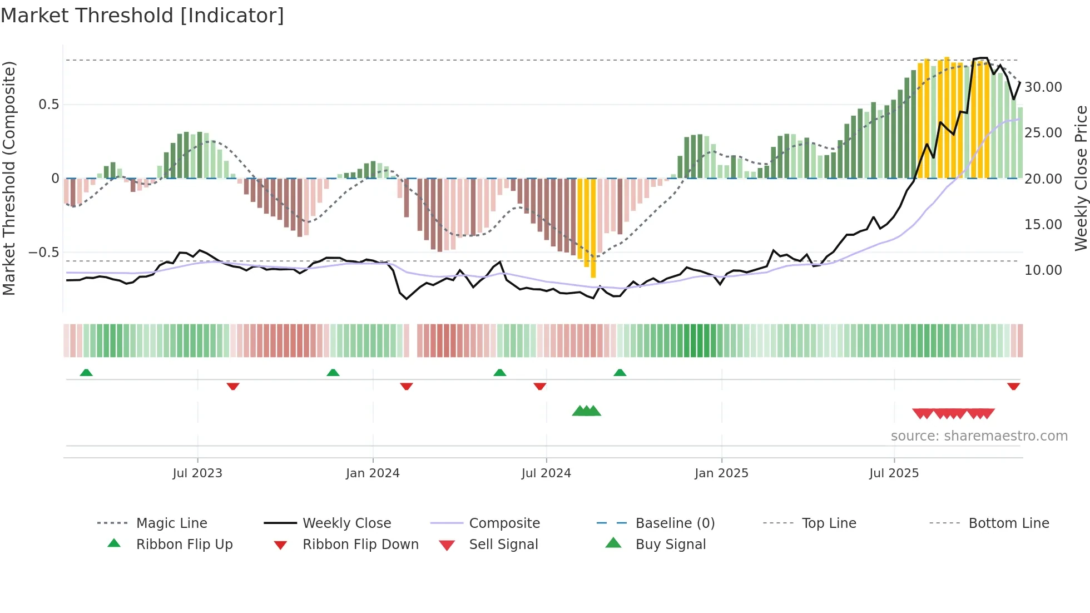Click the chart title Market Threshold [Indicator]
click(x=142, y=16)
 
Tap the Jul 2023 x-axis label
click(x=197, y=473)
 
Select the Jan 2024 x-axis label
click(x=373, y=473)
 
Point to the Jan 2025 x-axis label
click(x=721, y=473)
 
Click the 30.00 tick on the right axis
click(x=1043, y=87)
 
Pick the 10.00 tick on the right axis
click(x=1043, y=270)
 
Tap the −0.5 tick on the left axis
click(x=43, y=253)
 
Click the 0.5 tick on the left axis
click(x=48, y=105)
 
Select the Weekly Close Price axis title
click(x=1081, y=178)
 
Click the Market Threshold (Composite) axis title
click(x=9, y=178)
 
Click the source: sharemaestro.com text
click(x=979, y=436)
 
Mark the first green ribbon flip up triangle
click(x=86, y=373)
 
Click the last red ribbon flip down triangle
click(x=1013, y=386)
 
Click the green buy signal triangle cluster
click(x=587, y=411)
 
